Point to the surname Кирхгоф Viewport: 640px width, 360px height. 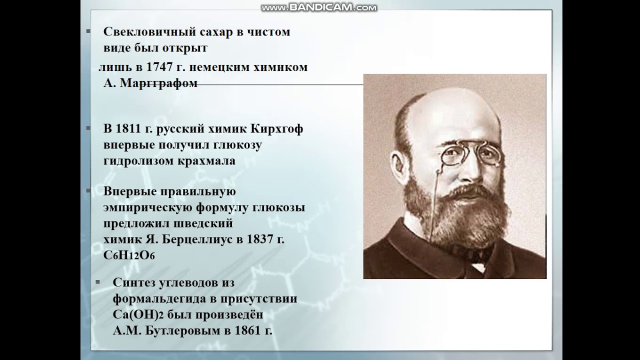coord(279,129)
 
